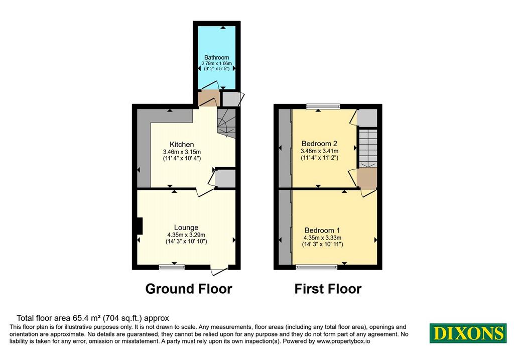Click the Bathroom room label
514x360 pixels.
tap(216, 57)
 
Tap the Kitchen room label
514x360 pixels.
tap(182, 144)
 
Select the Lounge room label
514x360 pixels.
tap(186, 227)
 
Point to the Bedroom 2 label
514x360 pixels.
tap(319, 143)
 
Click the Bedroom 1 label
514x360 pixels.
tap(322, 230)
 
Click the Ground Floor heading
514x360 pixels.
tap(189, 289)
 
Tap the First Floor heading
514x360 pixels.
tap(328, 289)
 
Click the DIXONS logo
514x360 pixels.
tap(468, 333)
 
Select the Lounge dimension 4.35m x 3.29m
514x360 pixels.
tap(186, 235)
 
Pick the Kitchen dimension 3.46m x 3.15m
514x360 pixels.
tap(182, 152)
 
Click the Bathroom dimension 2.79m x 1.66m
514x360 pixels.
tap(216, 63)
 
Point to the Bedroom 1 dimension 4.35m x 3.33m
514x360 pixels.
tap(322, 237)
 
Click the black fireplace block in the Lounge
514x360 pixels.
tap(140, 226)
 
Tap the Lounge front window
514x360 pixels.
tap(172, 267)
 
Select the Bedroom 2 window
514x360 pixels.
tap(323, 106)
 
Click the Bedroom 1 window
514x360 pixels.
tap(316, 267)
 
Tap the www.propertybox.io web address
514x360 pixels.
tap(343, 341)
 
